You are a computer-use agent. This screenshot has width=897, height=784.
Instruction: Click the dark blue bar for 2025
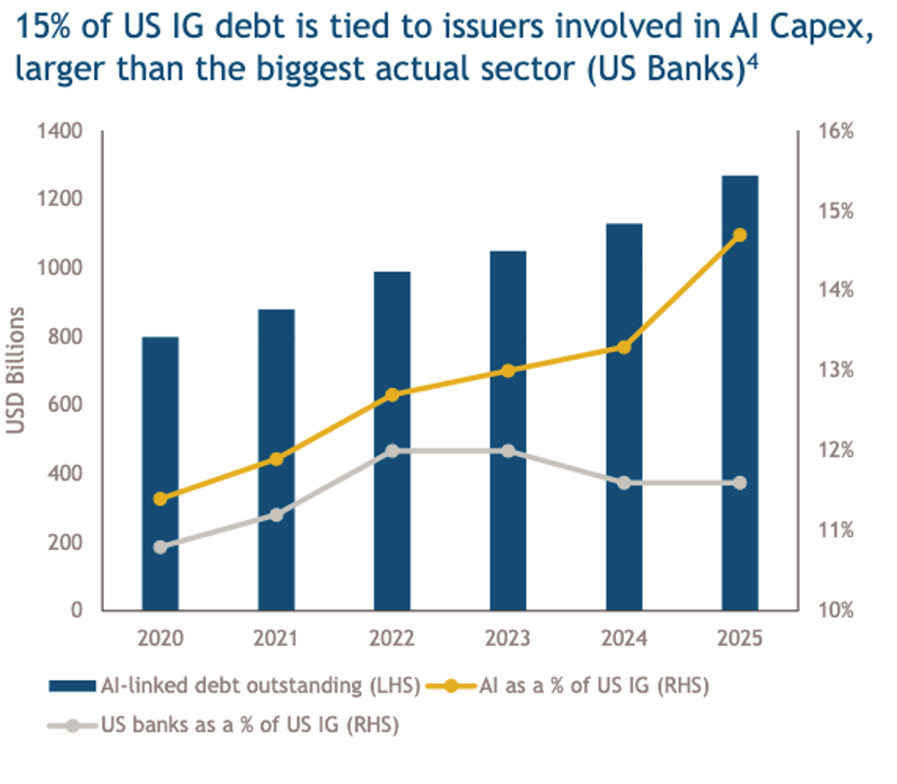point(740,393)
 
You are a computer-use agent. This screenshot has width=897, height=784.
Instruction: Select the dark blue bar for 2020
point(160,473)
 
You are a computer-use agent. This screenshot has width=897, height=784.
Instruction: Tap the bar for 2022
point(392,441)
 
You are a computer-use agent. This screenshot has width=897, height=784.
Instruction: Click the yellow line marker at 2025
point(740,235)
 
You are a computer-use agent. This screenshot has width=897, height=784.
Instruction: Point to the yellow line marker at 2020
point(160,499)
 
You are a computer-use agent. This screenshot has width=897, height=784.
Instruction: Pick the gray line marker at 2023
point(508,451)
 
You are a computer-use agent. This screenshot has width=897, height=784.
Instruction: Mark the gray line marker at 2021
point(277,515)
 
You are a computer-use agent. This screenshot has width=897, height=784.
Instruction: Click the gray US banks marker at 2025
point(740,483)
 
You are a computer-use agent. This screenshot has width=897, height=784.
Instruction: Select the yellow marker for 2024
point(624,347)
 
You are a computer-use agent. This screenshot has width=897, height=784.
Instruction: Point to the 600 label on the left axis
point(65,405)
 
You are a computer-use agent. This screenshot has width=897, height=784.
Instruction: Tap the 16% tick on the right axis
point(836,132)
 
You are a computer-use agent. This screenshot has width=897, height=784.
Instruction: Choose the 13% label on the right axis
point(836,370)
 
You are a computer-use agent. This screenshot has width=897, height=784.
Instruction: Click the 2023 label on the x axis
point(508,638)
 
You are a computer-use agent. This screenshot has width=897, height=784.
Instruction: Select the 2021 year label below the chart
point(276,638)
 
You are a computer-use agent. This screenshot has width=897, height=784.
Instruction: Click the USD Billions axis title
point(16,370)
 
